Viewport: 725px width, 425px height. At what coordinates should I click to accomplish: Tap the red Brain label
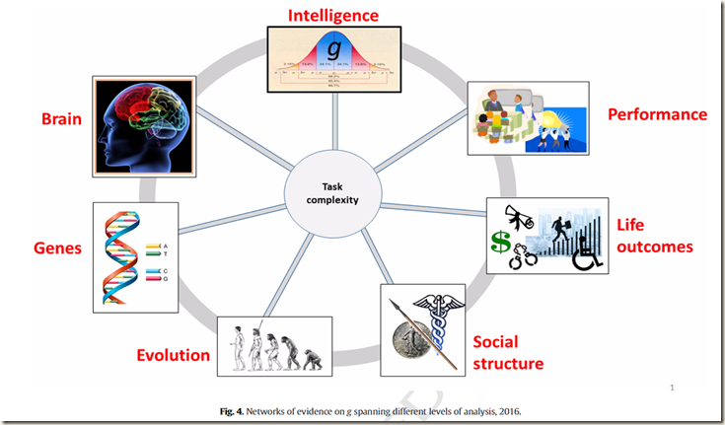[x=61, y=120]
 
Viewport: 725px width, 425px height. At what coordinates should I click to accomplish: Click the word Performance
[x=657, y=114]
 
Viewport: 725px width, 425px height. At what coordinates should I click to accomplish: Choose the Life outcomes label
[x=655, y=236]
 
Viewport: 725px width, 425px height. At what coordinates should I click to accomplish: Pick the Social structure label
[x=508, y=352]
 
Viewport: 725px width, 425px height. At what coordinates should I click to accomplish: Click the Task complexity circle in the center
[x=332, y=192]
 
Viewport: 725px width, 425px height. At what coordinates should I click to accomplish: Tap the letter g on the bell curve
[x=336, y=48]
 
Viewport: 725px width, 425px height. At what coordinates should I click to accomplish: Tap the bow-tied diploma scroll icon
[x=515, y=215]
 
